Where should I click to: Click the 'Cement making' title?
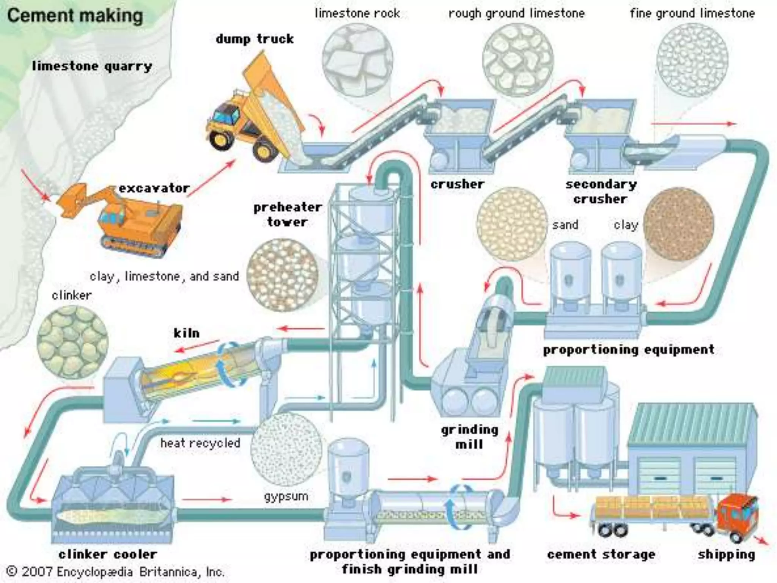click(75, 16)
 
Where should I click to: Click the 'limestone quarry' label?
click(92, 66)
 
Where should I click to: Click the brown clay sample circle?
click(679, 225)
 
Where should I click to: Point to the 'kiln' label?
click(186, 333)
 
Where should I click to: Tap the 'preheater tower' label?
click(287, 214)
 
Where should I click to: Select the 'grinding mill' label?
click(469, 437)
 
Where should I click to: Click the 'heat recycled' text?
click(200, 443)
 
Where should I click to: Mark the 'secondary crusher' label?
click(601, 192)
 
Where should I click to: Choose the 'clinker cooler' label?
click(108, 554)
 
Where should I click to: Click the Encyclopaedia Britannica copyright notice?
click(116, 572)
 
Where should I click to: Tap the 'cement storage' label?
click(601, 555)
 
